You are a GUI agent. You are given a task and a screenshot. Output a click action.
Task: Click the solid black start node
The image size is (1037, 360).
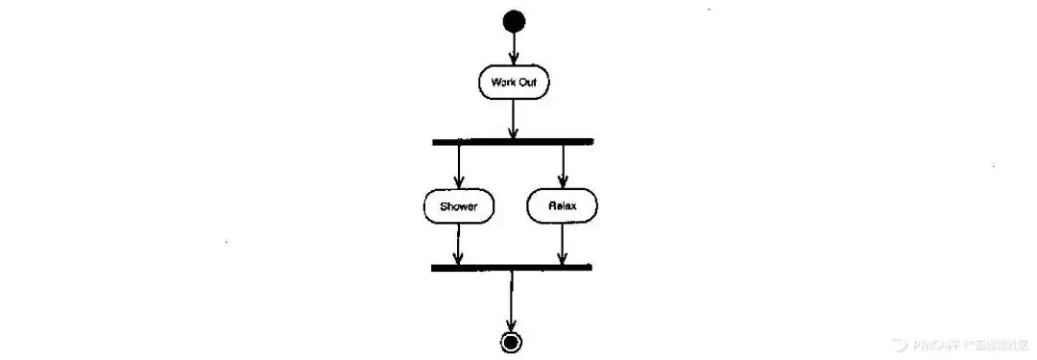(x=514, y=20)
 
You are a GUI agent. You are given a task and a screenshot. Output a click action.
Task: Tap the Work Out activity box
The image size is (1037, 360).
(x=514, y=83)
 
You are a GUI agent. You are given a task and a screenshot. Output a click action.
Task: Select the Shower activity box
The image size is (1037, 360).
(x=458, y=205)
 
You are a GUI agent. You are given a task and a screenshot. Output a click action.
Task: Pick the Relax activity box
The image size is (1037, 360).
(x=562, y=205)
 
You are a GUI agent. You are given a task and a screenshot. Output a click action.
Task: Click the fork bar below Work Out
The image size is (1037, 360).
(x=513, y=142)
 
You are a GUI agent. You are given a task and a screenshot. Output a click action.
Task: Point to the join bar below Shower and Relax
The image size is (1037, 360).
(x=512, y=267)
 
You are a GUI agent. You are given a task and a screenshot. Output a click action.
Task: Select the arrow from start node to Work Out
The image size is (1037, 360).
(x=514, y=48)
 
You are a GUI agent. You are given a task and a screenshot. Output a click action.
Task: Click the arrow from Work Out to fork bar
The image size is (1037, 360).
(x=514, y=119)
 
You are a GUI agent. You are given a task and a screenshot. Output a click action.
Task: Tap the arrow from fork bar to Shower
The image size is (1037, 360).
(x=459, y=166)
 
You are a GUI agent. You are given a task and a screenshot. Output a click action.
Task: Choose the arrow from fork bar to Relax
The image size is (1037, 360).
(x=563, y=166)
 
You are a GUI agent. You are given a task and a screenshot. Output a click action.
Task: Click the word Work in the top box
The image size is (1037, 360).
(x=502, y=83)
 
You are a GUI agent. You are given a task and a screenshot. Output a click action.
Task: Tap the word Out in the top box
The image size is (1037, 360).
(x=527, y=83)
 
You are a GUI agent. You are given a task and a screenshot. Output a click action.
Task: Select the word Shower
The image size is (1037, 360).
(x=458, y=205)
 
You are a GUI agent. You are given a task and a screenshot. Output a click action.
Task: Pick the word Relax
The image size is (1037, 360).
(x=562, y=205)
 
